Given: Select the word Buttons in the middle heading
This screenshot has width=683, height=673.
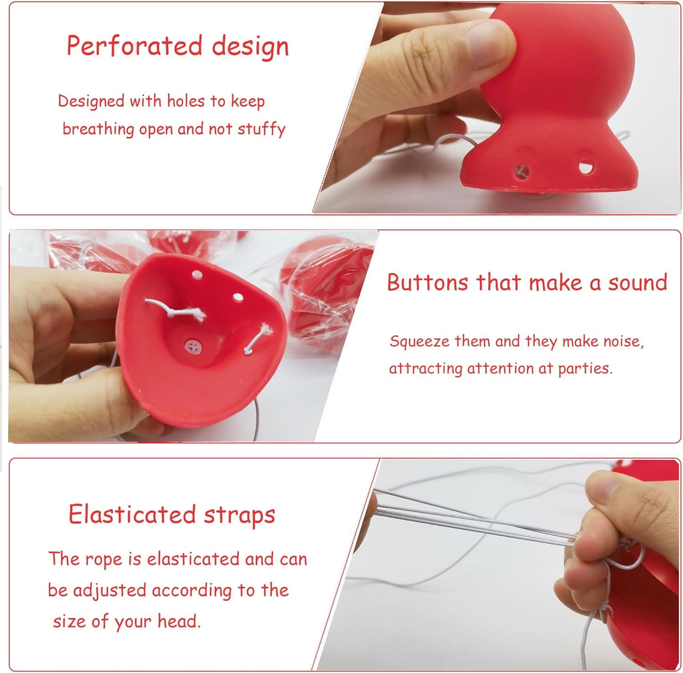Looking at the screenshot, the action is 428,282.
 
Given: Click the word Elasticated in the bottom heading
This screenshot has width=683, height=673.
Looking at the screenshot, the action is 132,515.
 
